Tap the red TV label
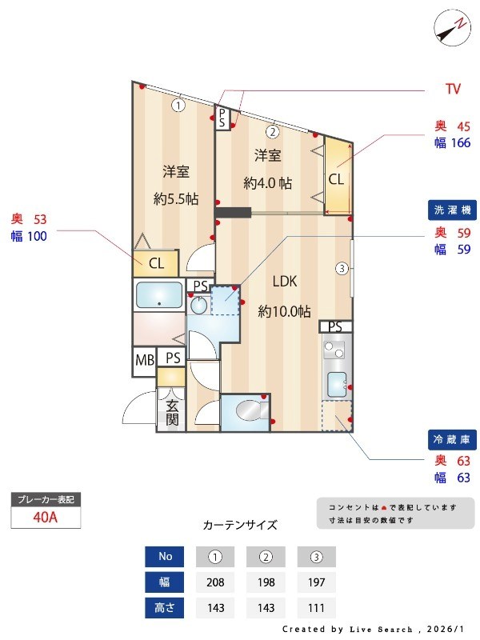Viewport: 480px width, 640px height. [453, 89]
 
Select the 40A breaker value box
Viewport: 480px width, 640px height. [46, 518]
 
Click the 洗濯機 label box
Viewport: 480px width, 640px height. [453, 210]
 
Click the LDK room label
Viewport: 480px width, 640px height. [285, 282]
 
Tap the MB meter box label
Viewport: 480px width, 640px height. [144, 360]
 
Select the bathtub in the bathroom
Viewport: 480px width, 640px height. [160, 294]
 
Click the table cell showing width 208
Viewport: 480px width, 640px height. [214, 582]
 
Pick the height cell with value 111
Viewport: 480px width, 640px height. [316, 607]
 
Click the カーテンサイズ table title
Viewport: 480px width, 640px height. [240, 526]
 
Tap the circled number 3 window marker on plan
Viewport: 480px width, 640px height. [342, 268]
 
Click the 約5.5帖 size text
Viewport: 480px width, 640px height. [176, 198]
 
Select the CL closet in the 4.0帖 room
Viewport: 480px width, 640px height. [336, 178]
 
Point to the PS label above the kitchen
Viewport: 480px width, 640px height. [335, 326]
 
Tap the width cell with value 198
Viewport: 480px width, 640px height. [266, 582]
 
